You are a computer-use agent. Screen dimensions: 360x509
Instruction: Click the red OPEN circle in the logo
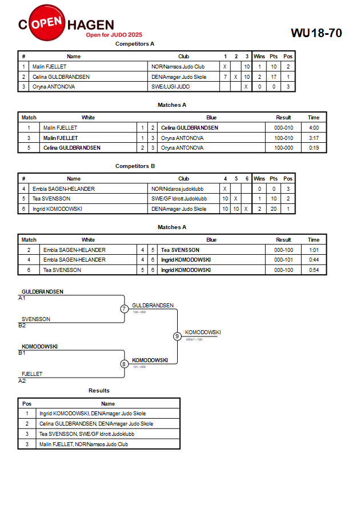(x=47, y=23)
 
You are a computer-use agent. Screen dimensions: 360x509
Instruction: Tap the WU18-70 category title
(x=316, y=33)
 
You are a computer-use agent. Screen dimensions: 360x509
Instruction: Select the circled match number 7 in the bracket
(x=124, y=308)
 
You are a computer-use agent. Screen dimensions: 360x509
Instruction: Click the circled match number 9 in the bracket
(x=177, y=336)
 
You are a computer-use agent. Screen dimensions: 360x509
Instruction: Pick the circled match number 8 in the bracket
(x=123, y=364)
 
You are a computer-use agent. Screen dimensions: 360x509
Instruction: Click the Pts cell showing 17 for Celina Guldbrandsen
(x=274, y=77)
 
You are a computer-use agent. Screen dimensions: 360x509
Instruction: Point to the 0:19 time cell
(x=314, y=148)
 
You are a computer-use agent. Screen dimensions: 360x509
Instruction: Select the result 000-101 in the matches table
(x=283, y=260)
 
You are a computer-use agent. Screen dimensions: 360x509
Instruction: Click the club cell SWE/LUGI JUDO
(x=170, y=87)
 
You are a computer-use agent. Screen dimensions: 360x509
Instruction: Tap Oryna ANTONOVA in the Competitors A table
(x=54, y=87)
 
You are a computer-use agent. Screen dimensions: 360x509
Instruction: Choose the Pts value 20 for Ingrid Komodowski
(x=274, y=209)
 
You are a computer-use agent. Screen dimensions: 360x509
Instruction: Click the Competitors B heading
(x=135, y=166)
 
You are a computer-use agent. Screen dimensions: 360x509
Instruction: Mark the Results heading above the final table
(x=99, y=391)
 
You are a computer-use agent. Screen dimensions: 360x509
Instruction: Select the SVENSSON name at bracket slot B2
(x=35, y=319)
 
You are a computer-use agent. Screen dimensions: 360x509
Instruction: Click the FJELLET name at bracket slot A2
(x=32, y=374)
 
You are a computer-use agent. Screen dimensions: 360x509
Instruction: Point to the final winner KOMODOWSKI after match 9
(x=203, y=332)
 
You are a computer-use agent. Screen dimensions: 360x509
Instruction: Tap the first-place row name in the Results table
(x=93, y=413)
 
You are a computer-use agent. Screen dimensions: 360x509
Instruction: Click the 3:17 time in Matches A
(x=314, y=138)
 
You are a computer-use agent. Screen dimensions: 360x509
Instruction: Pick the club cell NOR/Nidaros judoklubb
(x=177, y=189)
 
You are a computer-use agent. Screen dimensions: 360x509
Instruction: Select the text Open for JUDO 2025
(x=114, y=35)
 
